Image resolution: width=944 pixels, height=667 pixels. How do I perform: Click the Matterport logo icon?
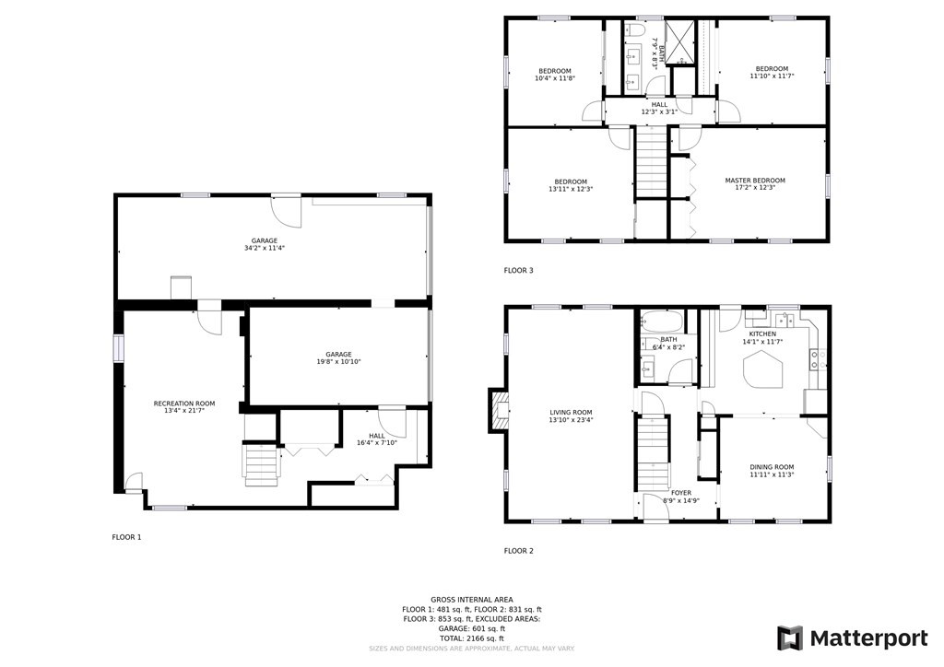pos(790,638)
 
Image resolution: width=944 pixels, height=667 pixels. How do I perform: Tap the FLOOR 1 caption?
pos(126,537)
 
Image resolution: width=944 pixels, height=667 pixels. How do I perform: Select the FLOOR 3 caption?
pos(518,270)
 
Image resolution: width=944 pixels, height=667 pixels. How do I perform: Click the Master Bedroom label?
pos(755,181)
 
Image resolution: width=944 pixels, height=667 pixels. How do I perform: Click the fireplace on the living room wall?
pos(497,410)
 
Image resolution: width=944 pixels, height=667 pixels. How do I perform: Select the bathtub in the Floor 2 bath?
pos(661,322)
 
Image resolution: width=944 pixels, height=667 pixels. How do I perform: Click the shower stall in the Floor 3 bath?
pos(680,41)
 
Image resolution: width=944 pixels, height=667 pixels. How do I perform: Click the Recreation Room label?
pos(184,404)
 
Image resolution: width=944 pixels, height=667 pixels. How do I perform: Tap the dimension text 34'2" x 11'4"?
pos(265,247)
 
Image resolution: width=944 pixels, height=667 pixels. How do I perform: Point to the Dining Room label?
pos(772,467)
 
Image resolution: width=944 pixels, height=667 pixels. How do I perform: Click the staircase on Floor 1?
pos(262,463)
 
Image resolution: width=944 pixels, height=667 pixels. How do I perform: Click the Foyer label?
pos(681,493)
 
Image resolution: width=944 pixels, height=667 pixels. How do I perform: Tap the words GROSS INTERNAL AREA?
pos(472,600)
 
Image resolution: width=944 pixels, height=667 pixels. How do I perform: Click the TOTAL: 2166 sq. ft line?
pos(472,638)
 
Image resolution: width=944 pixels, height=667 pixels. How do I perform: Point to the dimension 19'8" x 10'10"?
pos(339,362)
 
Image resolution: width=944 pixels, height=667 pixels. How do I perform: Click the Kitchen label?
pos(762,333)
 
